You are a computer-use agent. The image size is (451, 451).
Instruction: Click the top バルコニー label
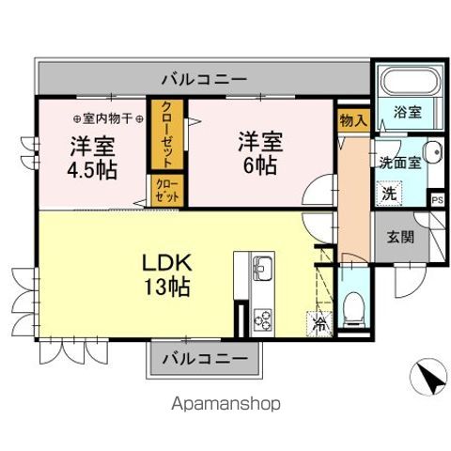[203, 78]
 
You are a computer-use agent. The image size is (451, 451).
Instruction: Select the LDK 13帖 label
[166, 272]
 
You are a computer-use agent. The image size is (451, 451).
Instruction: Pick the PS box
[437, 199]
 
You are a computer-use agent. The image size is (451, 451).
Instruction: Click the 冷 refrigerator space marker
[319, 323]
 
